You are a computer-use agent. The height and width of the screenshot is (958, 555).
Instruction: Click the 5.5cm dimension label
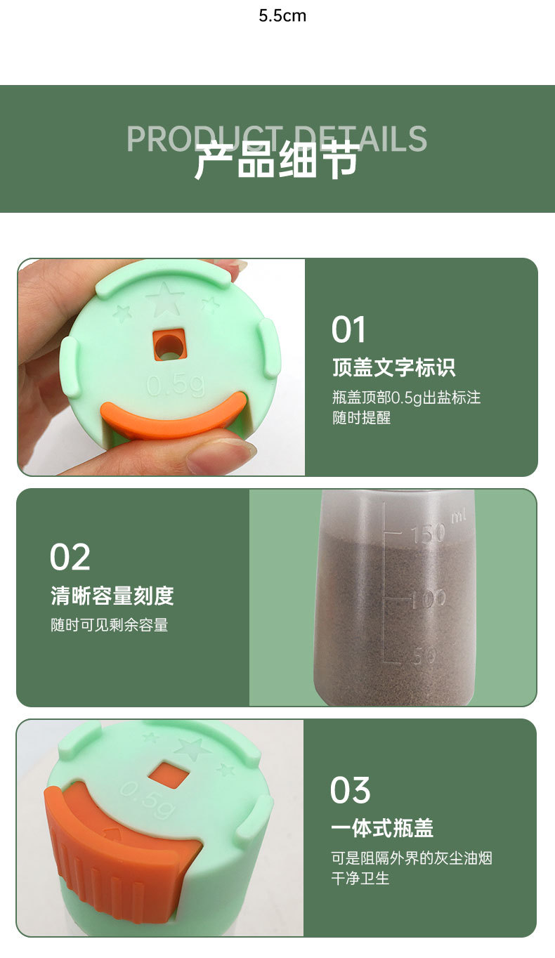point(282,15)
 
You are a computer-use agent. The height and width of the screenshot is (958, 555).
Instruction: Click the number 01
point(349,330)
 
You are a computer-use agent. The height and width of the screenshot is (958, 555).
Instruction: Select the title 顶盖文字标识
point(393,367)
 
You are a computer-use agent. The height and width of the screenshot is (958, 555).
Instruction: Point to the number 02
point(70,557)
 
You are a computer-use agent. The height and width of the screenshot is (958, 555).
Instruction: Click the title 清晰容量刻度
point(112,596)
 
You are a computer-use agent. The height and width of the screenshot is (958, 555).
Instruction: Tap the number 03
point(351,790)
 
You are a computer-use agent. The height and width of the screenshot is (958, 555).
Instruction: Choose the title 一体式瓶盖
point(382,828)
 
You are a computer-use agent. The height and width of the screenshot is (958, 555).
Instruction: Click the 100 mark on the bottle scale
point(429,599)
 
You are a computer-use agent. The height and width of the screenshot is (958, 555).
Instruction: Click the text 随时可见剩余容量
point(110,625)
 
